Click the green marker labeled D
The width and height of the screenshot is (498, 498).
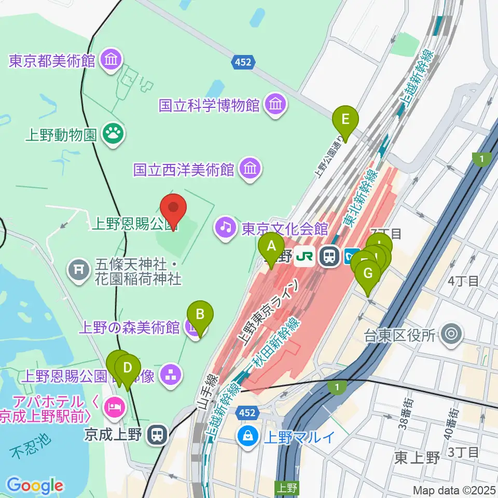(x=127, y=368)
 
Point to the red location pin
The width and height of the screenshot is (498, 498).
(x=174, y=209)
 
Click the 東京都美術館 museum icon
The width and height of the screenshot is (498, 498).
(x=112, y=60)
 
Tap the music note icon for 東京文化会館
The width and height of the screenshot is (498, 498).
(x=226, y=228)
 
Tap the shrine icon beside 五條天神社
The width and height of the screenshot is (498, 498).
(x=78, y=270)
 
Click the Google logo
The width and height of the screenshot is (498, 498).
(x=35, y=486)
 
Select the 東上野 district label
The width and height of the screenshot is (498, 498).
(x=417, y=458)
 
